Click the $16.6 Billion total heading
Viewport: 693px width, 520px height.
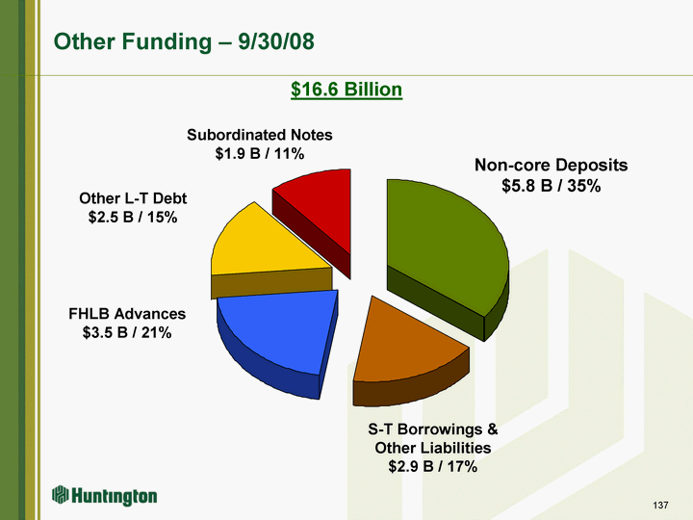(346, 90)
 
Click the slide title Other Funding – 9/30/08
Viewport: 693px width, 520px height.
(184, 41)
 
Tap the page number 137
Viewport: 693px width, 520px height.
(660, 505)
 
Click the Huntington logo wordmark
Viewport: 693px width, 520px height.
(114, 496)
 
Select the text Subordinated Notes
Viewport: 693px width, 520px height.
(260, 135)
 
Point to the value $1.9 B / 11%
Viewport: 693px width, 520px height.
(260, 153)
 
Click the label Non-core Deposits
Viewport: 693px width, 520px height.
(552, 165)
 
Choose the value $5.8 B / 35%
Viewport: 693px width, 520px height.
(552, 186)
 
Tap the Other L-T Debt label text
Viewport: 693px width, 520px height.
(133, 198)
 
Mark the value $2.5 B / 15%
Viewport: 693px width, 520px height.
(133, 217)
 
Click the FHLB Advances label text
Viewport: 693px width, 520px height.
(127, 314)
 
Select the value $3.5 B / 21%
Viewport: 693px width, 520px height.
(127, 332)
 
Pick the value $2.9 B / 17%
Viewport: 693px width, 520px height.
(433, 466)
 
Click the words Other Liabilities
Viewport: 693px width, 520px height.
(433, 448)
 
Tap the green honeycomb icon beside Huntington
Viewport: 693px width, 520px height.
(61, 494)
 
